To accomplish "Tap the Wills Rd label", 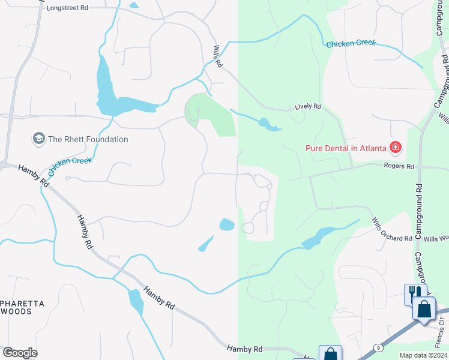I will click(x=218, y=56).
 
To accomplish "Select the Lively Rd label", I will click(x=308, y=107).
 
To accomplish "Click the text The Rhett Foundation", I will click(x=88, y=139).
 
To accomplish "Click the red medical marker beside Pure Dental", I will click(x=396, y=147).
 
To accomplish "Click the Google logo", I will click(x=20, y=353).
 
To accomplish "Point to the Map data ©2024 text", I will click(x=423, y=355).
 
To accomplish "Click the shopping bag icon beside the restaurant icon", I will click(x=424, y=309).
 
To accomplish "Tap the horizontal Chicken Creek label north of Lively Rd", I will click(x=351, y=44).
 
